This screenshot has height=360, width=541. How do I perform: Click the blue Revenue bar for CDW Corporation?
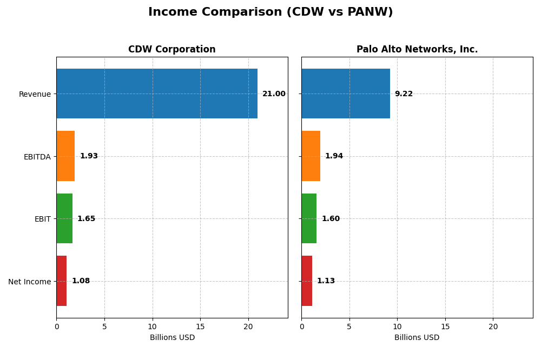pyautogui.click(x=157, y=94)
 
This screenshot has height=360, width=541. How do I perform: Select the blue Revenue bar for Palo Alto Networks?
pyautogui.click(x=346, y=94)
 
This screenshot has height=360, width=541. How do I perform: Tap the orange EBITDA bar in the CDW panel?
pyautogui.click(x=65, y=156)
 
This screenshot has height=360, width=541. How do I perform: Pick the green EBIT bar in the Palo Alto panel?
pyautogui.click(x=309, y=218)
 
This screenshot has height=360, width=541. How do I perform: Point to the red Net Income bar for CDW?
pyautogui.click(x=62, y=281)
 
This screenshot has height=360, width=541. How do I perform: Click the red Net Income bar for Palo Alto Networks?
pyautogui.click(x=307, y=281)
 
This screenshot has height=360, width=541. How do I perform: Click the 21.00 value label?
pyautogui.click(x=274, y=94)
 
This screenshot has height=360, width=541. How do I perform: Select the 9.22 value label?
pyautogui.click(x=404, y=94)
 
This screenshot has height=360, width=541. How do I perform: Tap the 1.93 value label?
pyautogui.click(x=89, y=156)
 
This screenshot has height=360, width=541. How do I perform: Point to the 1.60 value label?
pyautogui.click(x=331, y=219)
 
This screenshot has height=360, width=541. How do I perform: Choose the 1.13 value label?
pyautogui.click(x=326, y=281)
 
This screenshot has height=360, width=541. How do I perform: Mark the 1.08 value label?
pyautogui.click(x=81, y=281)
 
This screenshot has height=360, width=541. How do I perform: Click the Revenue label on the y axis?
pyautogui.click(x=35, y=95)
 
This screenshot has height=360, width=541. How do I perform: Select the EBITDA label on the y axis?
pyautogui.click(x=37, y=157)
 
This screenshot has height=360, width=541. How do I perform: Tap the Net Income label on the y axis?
pyautogui.click(x=29, y=282)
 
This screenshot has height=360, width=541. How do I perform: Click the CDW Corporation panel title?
pyautogui.click(x=171, y=50)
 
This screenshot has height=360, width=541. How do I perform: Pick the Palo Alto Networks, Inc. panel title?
pyautogui.click(x=417, y=50)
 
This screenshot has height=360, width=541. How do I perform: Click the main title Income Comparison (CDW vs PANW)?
pyautogui.click(x=270, y=12)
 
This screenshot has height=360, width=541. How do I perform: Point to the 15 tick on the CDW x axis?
pyautogui.click(x=200, y=326)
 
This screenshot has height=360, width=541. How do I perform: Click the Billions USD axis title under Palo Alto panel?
pyautogui.click(x=417, y=338)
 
